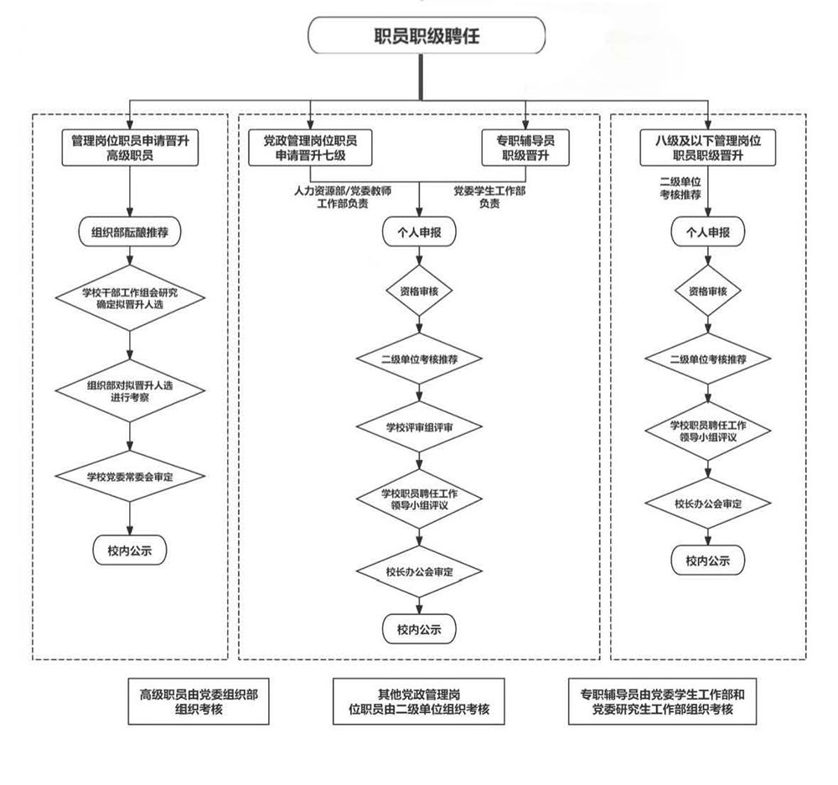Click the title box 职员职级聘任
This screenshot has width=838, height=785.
click(427, 37)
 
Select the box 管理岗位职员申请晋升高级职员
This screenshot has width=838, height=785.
click(130, 148)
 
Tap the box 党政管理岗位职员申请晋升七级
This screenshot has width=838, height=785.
click(311, 148)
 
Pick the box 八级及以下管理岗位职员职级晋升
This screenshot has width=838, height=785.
click(708, 148)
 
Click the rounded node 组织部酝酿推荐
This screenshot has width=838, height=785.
click(130, 232)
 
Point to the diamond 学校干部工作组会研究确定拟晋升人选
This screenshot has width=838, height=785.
click(130, 298)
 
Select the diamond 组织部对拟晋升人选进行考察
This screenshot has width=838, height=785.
click(130, 390)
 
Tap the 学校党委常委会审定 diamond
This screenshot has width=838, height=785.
click(130, 477)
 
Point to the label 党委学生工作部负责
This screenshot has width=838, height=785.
click(489, 197)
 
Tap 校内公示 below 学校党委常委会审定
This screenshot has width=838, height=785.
click(130, 550)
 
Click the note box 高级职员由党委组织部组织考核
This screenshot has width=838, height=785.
click(199, 701)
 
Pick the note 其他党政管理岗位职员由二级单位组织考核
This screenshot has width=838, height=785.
click(419, 701)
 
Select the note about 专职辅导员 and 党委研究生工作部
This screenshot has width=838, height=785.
click(662, 701)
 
